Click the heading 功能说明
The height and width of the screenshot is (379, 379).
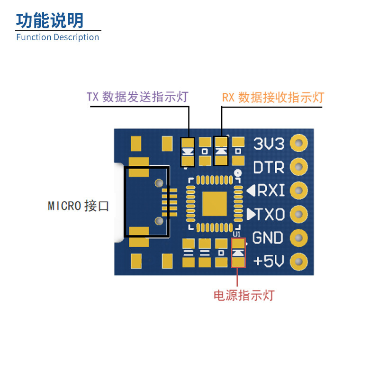(50, 20)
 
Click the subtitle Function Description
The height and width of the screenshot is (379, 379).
(57, 37)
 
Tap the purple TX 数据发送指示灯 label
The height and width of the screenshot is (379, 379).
(137, 97)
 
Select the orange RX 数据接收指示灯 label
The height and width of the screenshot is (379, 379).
(273, 98)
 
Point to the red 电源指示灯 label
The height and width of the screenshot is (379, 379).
(244, 296)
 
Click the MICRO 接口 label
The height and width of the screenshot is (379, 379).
(79, 206)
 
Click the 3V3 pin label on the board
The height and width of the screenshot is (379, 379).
(269, 144)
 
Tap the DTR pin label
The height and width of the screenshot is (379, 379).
(269, 167)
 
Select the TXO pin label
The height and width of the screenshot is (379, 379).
(266, 215)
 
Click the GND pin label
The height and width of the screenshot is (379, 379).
(268, 238)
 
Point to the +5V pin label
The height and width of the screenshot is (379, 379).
(269, 262)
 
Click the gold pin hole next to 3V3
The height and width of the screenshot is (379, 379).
(299, 143)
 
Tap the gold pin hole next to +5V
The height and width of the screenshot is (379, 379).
(299, 261)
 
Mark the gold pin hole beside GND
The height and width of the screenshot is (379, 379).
(299, 237)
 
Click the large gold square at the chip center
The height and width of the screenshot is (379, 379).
(215, 204)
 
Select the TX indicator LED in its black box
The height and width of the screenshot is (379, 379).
(188, 152)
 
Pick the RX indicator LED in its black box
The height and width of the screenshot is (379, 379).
(221, 151)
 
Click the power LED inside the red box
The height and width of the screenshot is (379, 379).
(238, 253)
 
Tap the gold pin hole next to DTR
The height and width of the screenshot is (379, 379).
(299, 166)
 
